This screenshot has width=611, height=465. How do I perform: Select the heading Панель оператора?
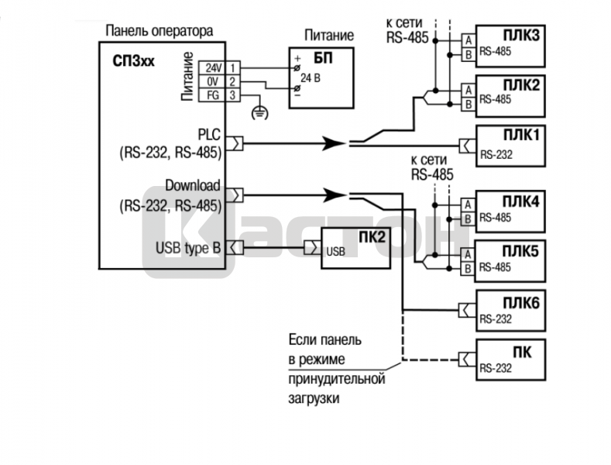[158, 31]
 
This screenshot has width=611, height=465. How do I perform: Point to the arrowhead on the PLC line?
[333, 143]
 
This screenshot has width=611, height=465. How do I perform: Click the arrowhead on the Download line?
[333, 193]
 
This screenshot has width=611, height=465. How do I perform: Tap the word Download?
[193, 186]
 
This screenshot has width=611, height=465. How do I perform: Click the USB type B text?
[188, 247]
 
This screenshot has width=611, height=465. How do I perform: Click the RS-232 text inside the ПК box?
[496, 368]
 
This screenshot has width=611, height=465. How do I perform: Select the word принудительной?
[336, 379]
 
